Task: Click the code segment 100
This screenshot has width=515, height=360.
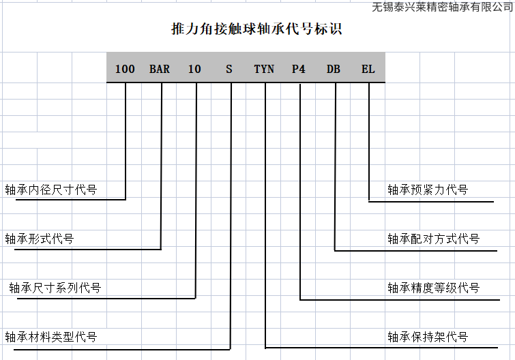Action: click(x=125, y=69)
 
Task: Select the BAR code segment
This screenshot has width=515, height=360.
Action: click(x=160, y=69)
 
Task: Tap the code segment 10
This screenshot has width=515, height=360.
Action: click(x=194, y=69)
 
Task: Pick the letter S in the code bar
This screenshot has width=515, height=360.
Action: click(x=229, y=69)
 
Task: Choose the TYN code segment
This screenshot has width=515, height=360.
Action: click(x=264, y=69)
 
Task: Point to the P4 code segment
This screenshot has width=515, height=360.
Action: click(x=299, y=69)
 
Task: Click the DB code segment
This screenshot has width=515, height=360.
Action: click(x=334, y=69)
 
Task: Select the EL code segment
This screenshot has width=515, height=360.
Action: click(x=368, y=69)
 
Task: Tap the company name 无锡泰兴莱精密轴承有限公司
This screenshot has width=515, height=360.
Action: click(x=443, y=7)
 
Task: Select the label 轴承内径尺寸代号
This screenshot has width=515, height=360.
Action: click(x=51, y=190)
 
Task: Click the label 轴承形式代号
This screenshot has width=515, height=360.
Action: click(x=40, y=239)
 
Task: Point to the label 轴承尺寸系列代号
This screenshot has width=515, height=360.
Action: click(x=55, y=288)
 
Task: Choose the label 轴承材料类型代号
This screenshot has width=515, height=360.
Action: click(x=51, y=337)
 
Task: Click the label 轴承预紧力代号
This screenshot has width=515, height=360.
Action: click(x=428, y=190)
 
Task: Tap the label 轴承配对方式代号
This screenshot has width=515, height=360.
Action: click(x=433, y=239)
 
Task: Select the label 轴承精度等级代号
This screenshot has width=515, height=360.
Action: click(x=433, y=288)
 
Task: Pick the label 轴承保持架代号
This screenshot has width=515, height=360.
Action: click(x=428, y=337)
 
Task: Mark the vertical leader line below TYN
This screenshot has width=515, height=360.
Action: click(x=265, y=205)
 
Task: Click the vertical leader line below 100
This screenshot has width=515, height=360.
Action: click(x=126, y=136)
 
